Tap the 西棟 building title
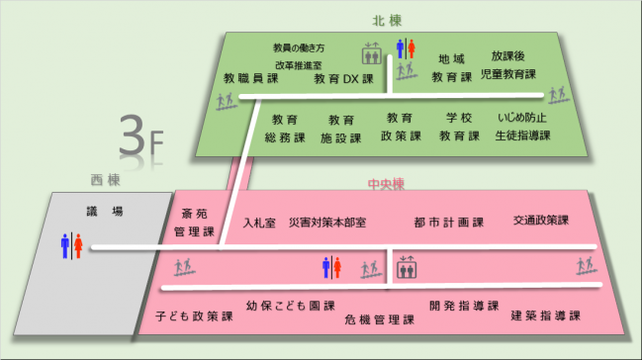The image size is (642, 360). coord(105,180)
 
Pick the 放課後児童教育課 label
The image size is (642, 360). coord(507,65)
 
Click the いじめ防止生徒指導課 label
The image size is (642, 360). coord(523,127)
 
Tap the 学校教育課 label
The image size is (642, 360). coord(459,127)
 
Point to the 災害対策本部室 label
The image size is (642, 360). coord(327,223)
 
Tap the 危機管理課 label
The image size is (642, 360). coord(379,319)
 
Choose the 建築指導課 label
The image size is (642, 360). coord(545,315)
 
